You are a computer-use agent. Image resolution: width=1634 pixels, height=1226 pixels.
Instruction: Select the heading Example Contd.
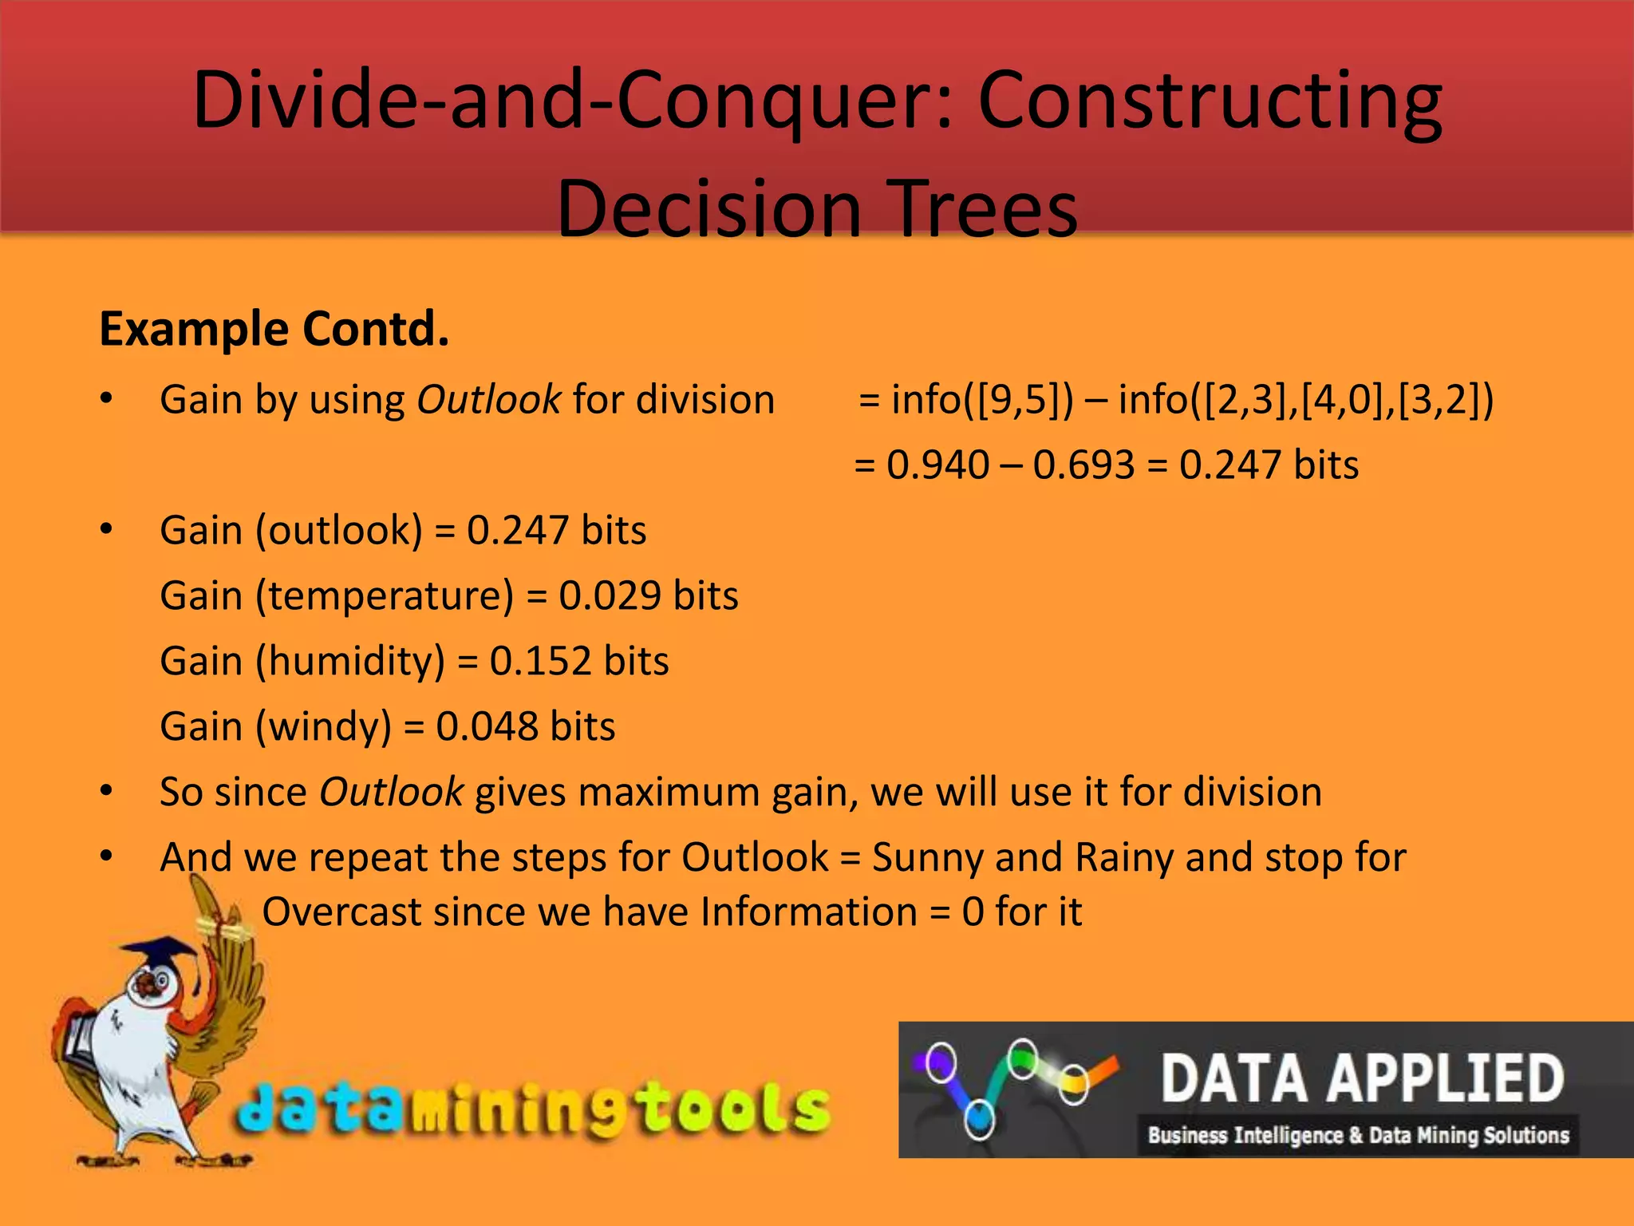(x=274, y=329)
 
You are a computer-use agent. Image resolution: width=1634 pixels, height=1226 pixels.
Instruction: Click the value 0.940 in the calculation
(x=937, y=465)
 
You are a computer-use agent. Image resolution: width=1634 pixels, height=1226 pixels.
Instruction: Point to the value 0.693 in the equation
(x=1083, y=465)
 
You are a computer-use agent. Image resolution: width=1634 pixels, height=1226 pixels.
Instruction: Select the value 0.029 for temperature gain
(x=610, y=595)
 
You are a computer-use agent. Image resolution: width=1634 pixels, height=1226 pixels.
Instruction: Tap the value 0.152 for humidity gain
(x=540, y=661)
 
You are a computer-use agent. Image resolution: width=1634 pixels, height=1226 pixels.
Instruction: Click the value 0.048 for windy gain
(x=487, y=726)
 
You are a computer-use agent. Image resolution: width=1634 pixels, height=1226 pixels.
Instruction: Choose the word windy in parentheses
(x=323, y=726)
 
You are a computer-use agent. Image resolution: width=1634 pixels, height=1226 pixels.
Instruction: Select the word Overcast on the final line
(x=341, y=912)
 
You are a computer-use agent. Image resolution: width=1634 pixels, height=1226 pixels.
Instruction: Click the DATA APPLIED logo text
(x=1362, y=1078)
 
